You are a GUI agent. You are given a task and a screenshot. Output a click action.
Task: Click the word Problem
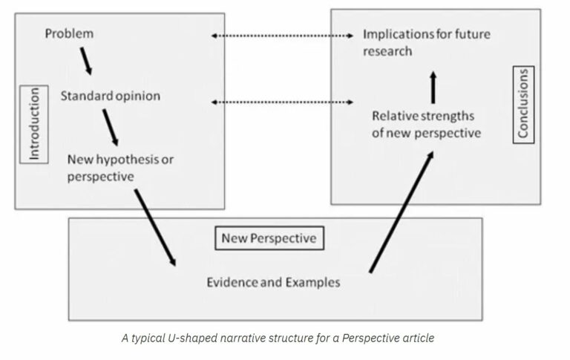(70, 34)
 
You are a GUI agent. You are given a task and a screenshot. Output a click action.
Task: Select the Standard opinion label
(110, 96)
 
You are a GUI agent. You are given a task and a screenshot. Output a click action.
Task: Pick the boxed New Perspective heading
(269, 238)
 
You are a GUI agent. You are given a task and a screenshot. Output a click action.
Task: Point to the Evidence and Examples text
(273, 282)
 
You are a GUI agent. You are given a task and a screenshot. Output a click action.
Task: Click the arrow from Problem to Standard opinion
(86, 61)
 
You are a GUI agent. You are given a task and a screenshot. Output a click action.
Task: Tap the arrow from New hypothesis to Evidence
(156, 227)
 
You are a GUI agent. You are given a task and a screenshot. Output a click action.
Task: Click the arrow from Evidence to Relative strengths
(401, 212)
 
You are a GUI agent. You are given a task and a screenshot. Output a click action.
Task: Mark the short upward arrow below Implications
(432, 86)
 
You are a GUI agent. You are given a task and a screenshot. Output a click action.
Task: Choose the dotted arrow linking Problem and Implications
(281, 36)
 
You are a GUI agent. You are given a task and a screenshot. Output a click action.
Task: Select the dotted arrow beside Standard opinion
(281, 101)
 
